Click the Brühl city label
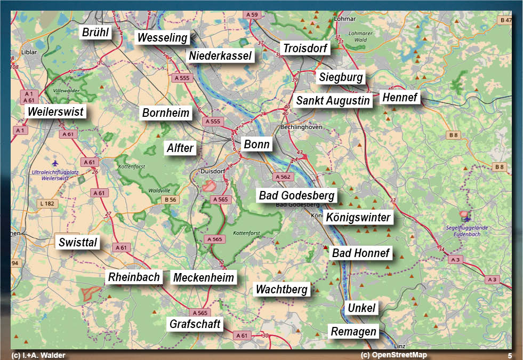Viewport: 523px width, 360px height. click(95, 33)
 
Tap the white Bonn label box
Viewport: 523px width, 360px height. click(256, 145)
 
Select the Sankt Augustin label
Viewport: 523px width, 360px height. click(333, 101)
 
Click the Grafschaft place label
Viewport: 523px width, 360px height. click(195, 324)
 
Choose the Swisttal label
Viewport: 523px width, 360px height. click(78, 243)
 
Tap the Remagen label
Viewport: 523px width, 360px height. click(353, 331)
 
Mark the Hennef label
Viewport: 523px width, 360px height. click(400, 98)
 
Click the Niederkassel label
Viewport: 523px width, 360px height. click(220, 56)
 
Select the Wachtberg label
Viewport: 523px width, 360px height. click(281, 290)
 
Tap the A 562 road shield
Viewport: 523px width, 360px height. click(283, 177)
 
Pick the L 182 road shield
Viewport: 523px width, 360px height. click(47, 203)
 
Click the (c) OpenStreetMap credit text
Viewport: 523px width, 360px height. click(393, 355)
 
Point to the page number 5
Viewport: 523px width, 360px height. click(510, 355)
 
